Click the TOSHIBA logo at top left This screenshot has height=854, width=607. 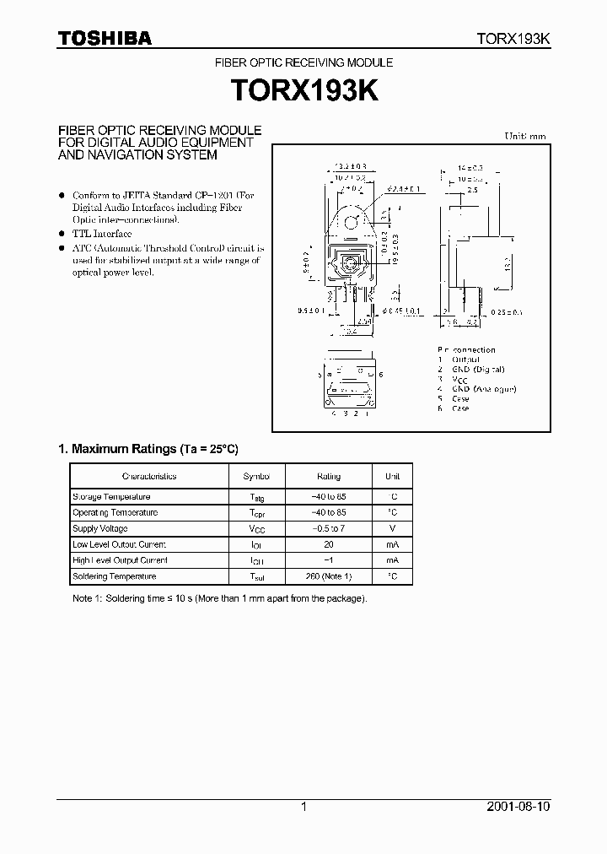click(105, 38)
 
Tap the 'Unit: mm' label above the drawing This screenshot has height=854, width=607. click(525, 136)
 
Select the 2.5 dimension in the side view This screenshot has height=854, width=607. click(471, 192)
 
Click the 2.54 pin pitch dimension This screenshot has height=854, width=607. click(363, 322)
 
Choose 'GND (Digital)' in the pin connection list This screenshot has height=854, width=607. click(477, 370)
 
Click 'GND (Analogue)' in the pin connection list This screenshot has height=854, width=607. click(483, 389)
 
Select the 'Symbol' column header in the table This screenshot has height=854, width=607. click(256, 476)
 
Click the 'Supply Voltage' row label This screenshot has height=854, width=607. click(100, 528)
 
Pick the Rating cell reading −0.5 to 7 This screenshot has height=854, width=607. click(329, 528)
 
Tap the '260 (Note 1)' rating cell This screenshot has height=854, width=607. click(329, 576)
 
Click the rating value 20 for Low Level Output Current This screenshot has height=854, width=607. click(329, 544)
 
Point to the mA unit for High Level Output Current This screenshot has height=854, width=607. click(392, 560)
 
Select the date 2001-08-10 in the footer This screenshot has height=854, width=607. click(519, 807)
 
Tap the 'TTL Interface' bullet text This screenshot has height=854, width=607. click(102, 233)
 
